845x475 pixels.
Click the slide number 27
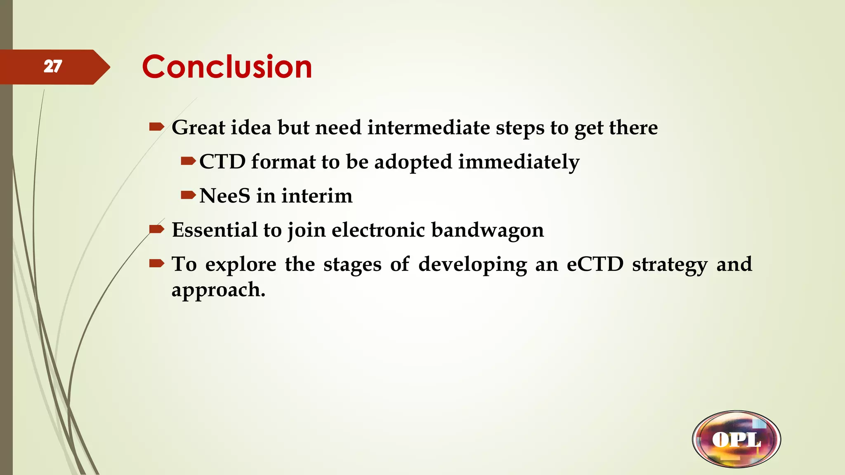pos(53,66)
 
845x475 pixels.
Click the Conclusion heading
pos(227,67)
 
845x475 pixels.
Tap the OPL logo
pos(736,439)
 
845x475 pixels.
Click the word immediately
pos(519,162)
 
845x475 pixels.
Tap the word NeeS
pos(224,196)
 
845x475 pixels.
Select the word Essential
pos(214,230)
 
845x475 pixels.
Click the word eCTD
pos(595,264)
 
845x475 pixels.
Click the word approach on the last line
pos(218,290)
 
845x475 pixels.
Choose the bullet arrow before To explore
pos(157,263)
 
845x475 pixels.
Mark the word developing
pos(472,264)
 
